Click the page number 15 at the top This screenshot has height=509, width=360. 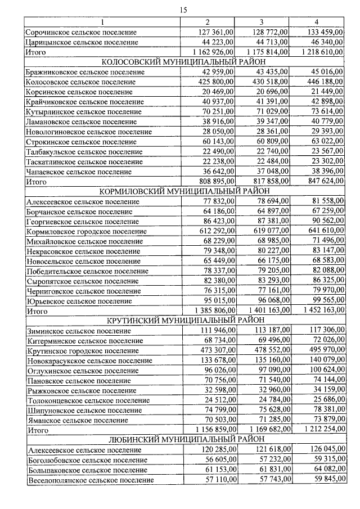click(x=182, y=10)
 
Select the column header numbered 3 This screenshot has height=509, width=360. click(x=262, y=22)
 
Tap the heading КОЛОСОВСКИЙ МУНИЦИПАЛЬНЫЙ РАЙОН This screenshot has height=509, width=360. click(x=182, y=62)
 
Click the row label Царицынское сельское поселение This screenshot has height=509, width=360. click(x=82, y=42)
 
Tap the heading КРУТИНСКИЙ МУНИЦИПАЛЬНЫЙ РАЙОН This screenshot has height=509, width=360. click(x=182, y=320)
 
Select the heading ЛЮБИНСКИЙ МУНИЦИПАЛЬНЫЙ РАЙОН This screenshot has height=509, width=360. click(x=182, y=440)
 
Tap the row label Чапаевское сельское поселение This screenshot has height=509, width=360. click(x=78, y=172)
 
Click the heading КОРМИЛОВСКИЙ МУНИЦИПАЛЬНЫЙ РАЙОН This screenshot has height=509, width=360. click(x=182, y=191)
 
